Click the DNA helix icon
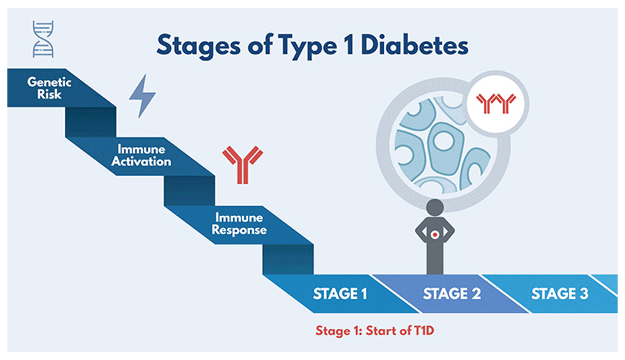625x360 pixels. (43, 39)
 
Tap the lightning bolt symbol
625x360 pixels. (142, 96)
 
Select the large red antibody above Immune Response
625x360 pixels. (242, 164)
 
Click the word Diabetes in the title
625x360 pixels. (414, 45)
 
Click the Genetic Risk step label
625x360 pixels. (49, 88)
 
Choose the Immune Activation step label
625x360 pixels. (141, 155)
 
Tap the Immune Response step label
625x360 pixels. (239, 224)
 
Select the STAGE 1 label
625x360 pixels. (339, 294)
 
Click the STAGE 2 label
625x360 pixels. (452, 294)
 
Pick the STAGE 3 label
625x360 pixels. (559, 294)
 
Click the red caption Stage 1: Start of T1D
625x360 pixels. (374, 331)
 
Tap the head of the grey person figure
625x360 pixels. (434, 207)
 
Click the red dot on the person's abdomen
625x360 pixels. (435, 235)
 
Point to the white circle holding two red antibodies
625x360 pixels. (497, 104)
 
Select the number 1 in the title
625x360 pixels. (348, 45)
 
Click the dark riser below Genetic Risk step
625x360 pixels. (91, 122)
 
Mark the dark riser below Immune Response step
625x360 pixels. (287, 259)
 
